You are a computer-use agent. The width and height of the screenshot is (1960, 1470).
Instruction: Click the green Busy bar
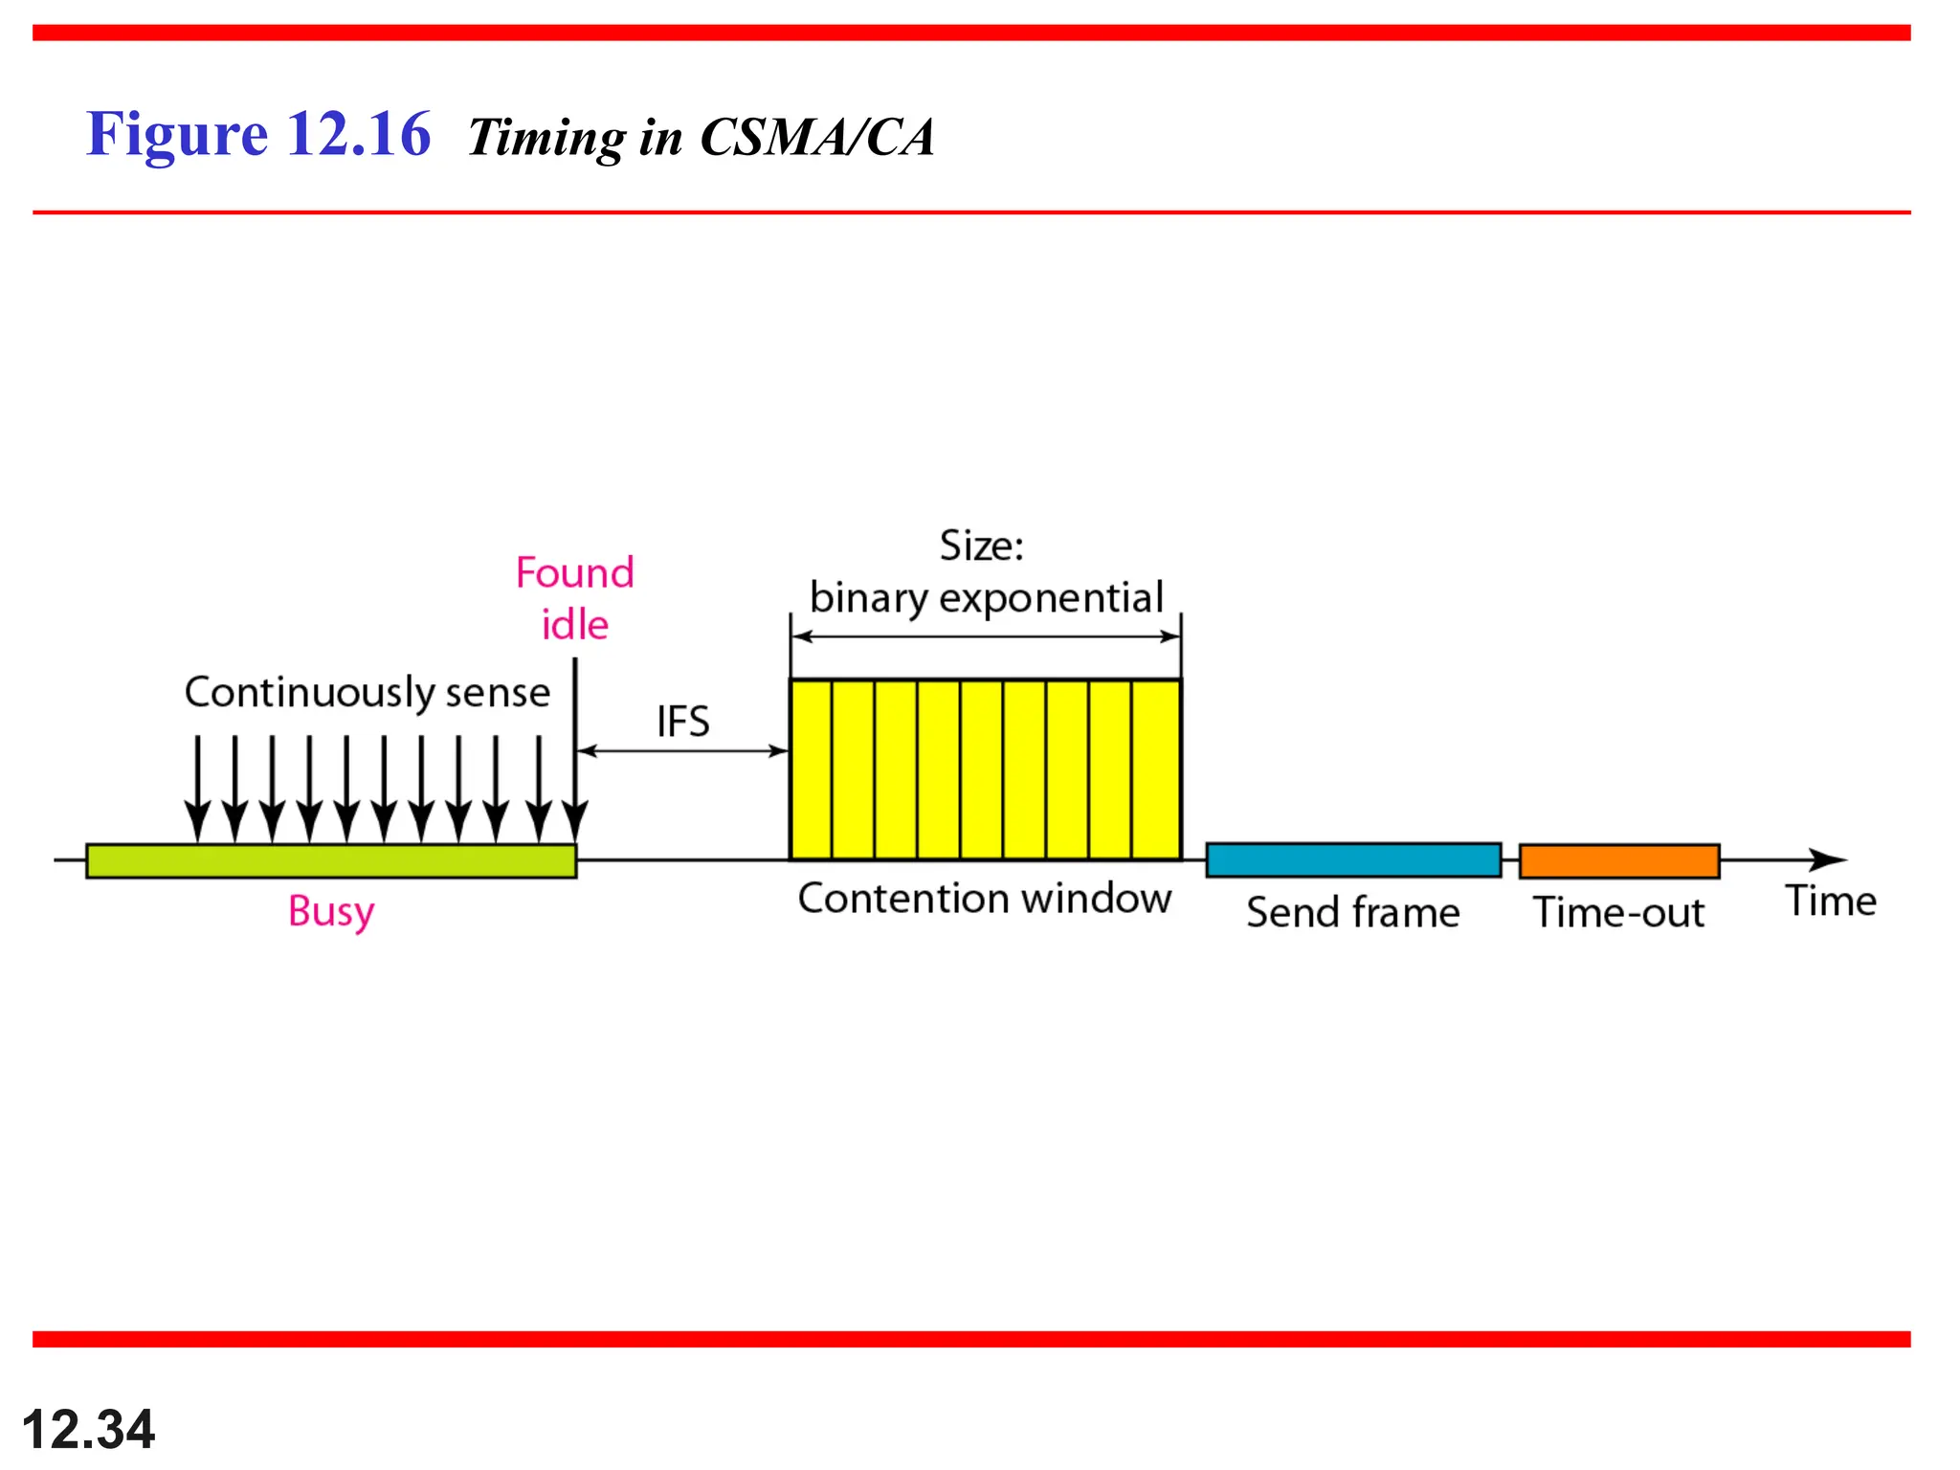pos(331,860)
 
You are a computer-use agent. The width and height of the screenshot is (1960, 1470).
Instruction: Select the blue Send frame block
pos(1352,859)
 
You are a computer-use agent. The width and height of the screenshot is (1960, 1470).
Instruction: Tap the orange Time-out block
pos(1618,860)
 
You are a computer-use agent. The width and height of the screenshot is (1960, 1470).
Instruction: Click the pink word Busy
pos(331,911)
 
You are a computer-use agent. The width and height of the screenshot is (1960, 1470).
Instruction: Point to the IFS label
pos(682,722)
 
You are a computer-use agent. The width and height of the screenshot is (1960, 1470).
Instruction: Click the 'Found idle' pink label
pos(574,598)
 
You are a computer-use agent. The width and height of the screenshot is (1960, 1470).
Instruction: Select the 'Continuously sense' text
pos(367,692)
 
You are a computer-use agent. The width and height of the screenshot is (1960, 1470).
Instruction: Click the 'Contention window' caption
pos(985,899)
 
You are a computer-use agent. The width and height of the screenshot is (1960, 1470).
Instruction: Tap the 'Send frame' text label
pos(1352,912)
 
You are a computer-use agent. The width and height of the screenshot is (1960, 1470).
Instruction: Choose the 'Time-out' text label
pos(1618,912)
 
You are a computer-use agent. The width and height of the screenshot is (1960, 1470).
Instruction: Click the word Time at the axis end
pos(1830,902)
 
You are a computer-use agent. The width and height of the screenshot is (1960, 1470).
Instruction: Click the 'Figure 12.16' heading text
pos(258,133)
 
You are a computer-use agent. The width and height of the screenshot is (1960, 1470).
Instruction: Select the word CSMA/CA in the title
pos(816,137)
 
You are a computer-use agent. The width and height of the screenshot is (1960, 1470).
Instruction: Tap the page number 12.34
pos(88,1430)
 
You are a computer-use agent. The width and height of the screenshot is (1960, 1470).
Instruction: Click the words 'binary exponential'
pos(986,598)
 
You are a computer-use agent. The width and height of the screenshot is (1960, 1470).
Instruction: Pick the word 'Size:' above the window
pos(981,546)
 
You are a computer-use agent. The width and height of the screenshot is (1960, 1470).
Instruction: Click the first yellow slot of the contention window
pos(811,768)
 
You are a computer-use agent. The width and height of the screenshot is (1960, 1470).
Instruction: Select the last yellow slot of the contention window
pos(1156,768)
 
